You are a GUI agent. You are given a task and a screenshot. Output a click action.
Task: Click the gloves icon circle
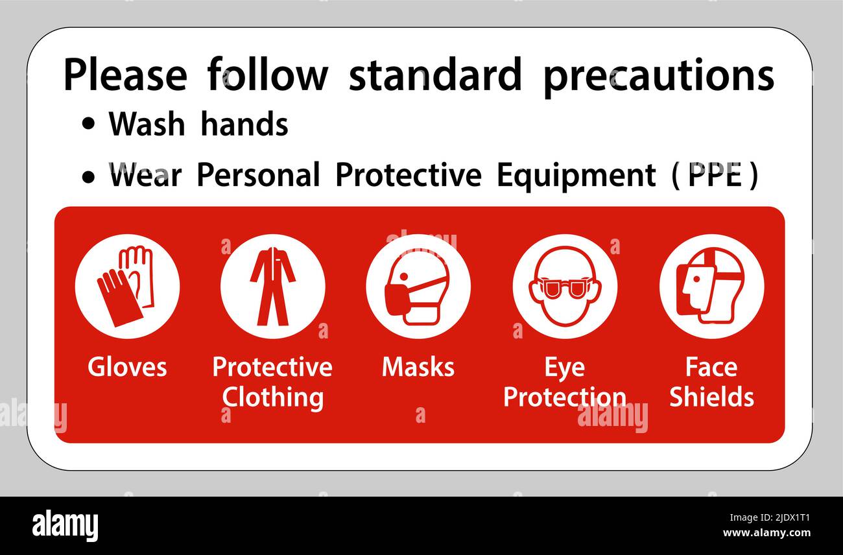click(x=127, y=286)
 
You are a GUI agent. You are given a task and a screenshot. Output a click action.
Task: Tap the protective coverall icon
click(x=272, y=286)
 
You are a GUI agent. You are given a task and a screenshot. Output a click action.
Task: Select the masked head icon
click(x=418, y=286)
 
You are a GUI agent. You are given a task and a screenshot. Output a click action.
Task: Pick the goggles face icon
click(x=564, y=286)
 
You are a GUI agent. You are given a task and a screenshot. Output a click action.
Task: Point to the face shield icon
click(x=711, y=286)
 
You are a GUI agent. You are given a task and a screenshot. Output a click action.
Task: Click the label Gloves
click(x=127, y=367)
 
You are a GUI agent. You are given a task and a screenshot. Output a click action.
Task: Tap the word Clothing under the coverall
click(x=272, y=397)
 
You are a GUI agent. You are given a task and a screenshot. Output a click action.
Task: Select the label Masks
click(x=418, y=367)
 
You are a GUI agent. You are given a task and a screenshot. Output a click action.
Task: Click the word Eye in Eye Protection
click(x=564, y=367)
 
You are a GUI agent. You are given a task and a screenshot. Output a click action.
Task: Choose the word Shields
click(x=711, y=397)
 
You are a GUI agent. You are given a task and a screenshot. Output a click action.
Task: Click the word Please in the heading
click(x=125, y=76)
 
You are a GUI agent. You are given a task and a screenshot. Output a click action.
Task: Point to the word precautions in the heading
click(x=658, y=76)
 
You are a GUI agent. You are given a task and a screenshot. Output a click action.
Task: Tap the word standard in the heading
click(x=435, y=75)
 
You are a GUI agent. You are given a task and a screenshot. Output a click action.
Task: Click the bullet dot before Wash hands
click(x=88, y=125)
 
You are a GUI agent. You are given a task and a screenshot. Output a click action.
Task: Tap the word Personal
click(x=258, y=175)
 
